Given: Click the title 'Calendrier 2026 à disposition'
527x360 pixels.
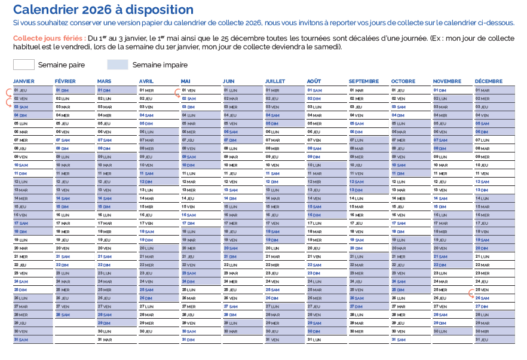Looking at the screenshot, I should pos(103,10).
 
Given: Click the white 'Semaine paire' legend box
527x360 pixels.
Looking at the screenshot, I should pos(24,65).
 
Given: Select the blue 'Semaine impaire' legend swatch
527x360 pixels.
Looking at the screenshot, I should pos(118,65).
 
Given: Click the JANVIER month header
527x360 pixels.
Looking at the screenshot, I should pos(24,81).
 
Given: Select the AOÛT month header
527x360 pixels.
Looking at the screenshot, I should pos(314,81).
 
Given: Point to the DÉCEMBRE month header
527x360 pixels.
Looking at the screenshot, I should pos(489,81).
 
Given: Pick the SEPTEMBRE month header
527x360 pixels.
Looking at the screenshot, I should pos(363,81).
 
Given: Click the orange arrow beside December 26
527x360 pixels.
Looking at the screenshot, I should pos(471,294).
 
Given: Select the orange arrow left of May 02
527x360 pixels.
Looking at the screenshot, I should pos(177,92).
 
